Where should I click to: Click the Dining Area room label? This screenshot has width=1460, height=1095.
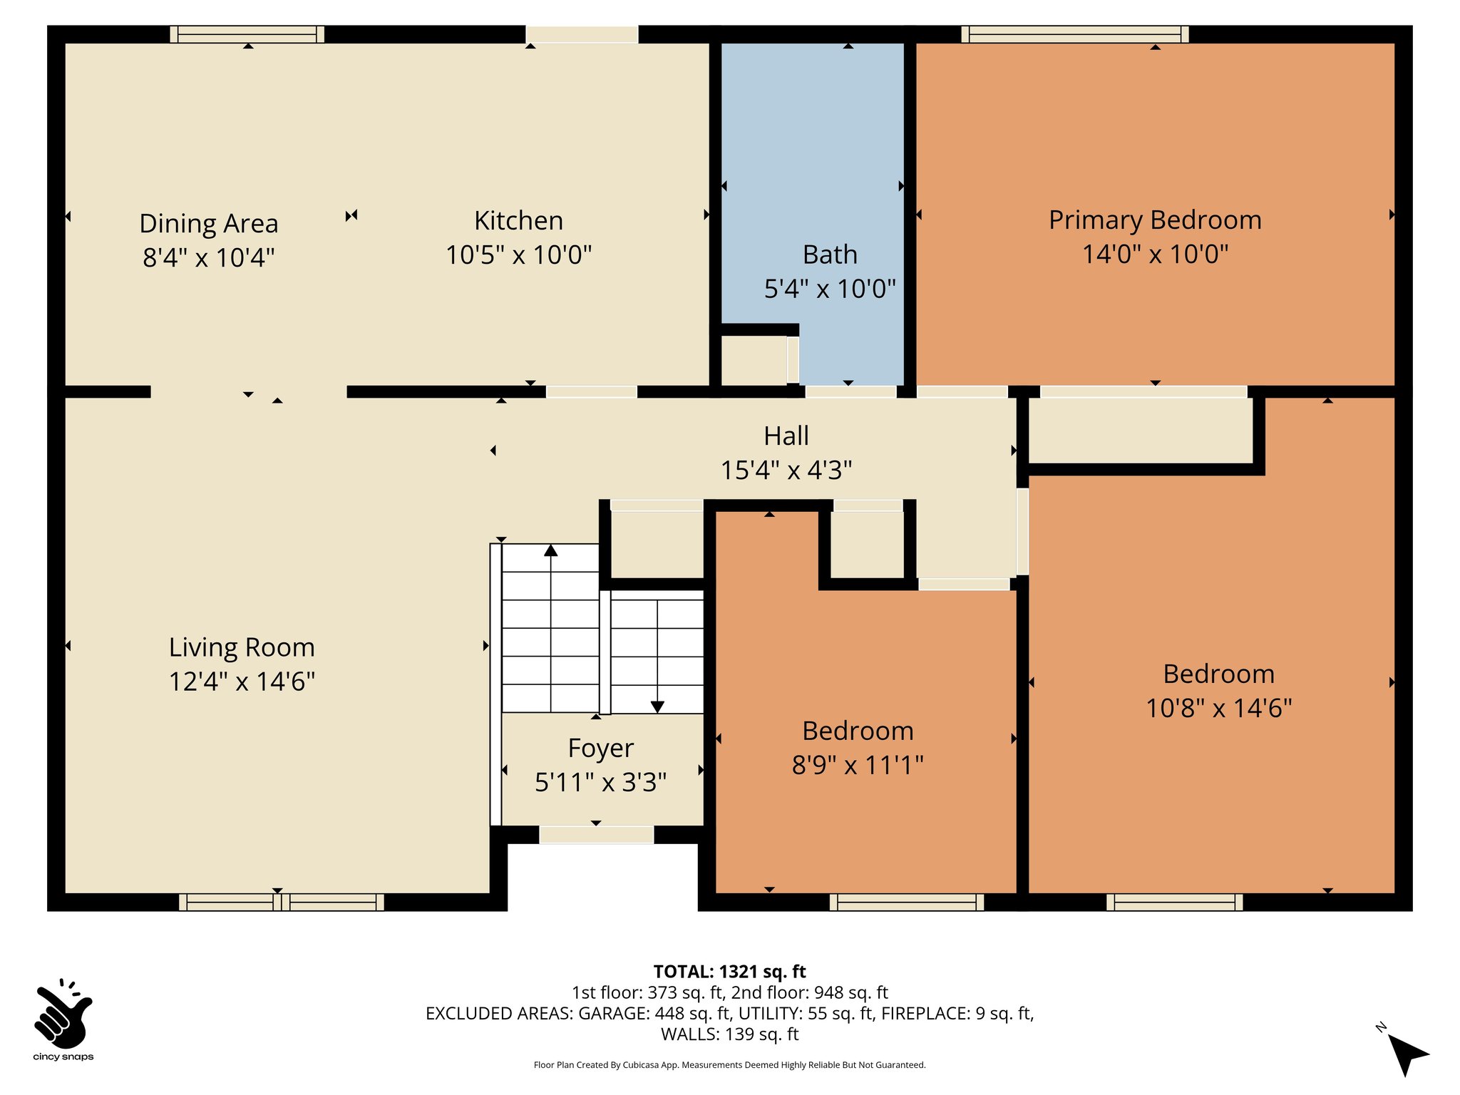click(x=208, y=223)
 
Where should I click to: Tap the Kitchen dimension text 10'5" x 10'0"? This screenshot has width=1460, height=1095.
click(x=518, y=255)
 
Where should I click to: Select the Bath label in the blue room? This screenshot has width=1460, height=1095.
click(x=829, y=255)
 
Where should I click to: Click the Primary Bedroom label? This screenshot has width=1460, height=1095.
click(x=1155, y=220)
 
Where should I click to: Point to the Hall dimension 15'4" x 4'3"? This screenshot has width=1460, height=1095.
click(x=786, y=471)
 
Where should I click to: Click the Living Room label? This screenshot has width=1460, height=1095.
click(x=242, y=647)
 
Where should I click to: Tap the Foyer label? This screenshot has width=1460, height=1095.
click(x=600, y=748)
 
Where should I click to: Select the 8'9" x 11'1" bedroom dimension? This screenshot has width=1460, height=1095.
click(x=858, y=765)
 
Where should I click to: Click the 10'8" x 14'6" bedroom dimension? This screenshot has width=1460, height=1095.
click(x=1218, y=708)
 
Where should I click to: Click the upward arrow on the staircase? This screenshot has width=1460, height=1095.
click(x=550, y=550)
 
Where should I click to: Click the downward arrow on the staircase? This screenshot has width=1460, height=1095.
click(x=657, y=706)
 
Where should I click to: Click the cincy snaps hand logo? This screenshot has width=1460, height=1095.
click(x=63, y=1012)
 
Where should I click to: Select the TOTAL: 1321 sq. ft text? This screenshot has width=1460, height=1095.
click(x=729, y=972)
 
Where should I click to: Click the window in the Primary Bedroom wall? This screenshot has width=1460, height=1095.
click(x=1074, y=34)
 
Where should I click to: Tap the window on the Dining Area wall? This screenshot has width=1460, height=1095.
click(x=247, y=34)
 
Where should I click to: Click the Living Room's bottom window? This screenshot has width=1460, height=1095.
click(x=281, y=902)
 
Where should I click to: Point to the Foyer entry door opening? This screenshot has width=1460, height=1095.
click(x=596, y=835)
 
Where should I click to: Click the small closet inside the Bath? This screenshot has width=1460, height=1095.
click(x=754, y=360)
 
